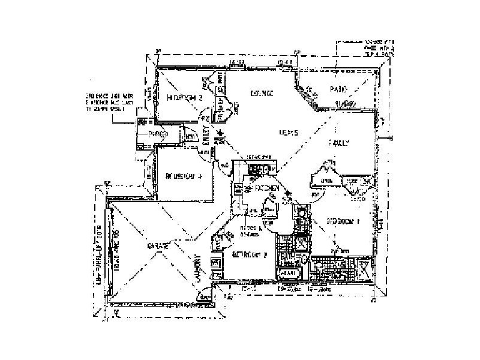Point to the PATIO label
pyautogui.click(x=339, y=89)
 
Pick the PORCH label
pyautogui.click(x=157, y=134)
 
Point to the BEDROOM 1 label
pyautogui.click(x=341, y=221)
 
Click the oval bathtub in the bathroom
pyautogui.click(x=289, y=273)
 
